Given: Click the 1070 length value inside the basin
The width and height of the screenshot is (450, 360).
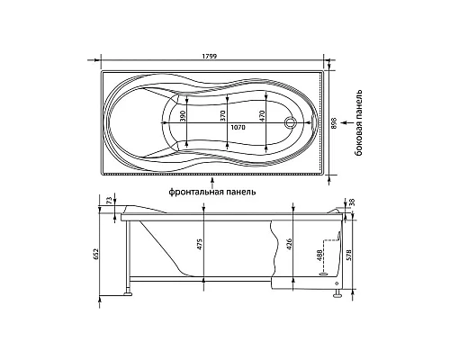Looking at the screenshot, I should click(237, 128).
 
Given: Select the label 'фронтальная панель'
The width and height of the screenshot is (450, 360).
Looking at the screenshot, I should click(211, 191).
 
